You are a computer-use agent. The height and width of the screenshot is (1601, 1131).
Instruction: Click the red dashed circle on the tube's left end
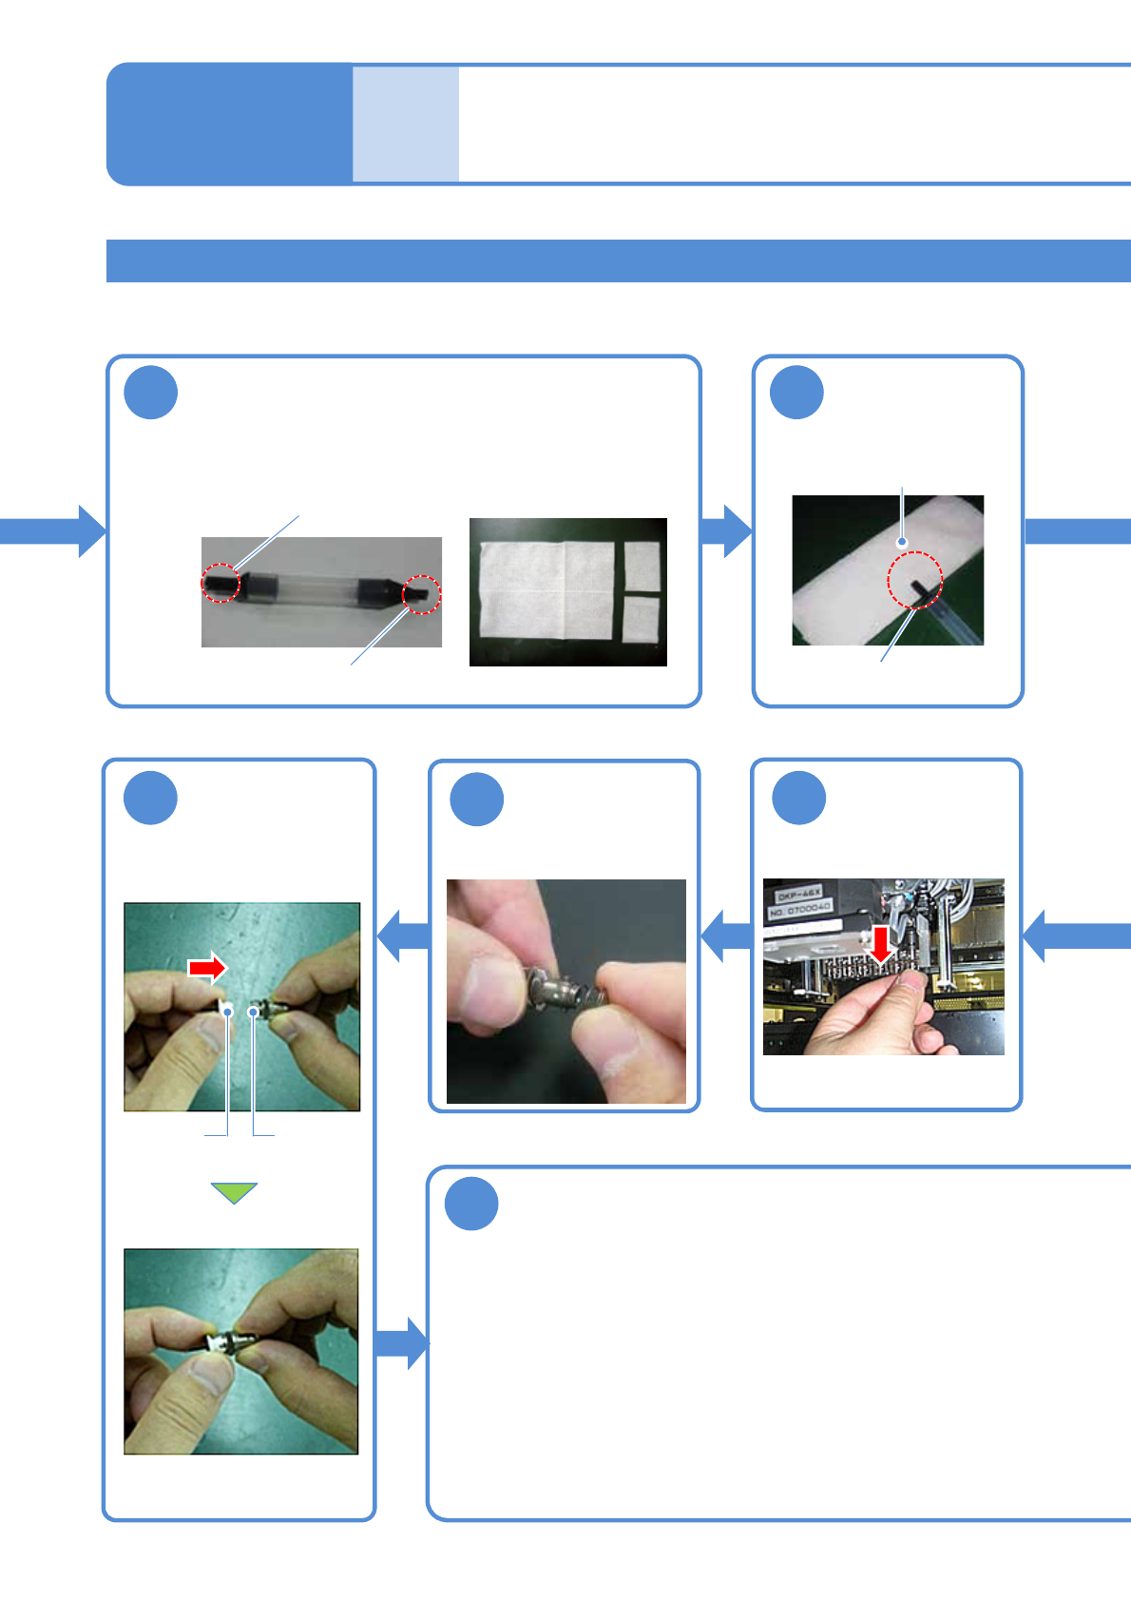point(220,582)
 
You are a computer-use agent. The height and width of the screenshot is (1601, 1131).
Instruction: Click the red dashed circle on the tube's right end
point(421,594)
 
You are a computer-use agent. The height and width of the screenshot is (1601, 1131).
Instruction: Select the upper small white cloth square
point(642,566)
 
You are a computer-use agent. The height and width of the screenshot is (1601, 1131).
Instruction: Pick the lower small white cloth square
point(641,619)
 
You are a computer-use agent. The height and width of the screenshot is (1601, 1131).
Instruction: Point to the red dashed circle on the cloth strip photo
point(914,580)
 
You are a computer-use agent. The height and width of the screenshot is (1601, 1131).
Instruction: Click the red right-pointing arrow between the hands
point(207,968)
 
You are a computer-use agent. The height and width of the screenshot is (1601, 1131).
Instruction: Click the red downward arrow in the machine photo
point(882,943)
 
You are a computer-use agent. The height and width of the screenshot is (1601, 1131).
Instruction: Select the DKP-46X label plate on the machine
point(799,895)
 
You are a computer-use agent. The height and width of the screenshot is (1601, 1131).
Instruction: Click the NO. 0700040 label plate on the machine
point(800,910)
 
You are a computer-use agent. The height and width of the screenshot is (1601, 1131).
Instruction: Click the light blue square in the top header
point(406,124)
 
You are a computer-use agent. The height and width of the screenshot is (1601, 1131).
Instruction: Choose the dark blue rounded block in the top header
point(229,124)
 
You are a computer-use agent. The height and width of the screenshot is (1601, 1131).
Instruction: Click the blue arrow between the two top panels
point(726,530)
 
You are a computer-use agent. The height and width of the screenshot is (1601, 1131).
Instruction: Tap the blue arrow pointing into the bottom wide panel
point(402,1343)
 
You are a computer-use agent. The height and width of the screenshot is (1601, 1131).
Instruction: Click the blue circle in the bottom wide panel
point(471,1204)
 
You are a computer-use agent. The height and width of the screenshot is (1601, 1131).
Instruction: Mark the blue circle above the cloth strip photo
point(796,392)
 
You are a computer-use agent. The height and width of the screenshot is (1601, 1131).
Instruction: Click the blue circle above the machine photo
point(798,798)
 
